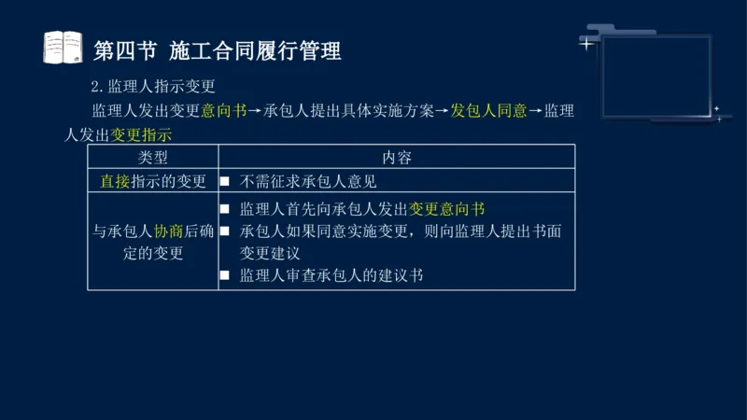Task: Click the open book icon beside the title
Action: (63, 48)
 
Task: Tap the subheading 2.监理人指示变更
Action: (153, 87)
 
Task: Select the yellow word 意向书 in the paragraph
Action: (224, 111)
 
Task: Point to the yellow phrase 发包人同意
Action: (488, 111)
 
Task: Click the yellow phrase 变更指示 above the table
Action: (141, 134)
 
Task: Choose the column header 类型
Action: (153, 158)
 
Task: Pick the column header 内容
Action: (396, 158)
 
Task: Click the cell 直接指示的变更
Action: (153, 181)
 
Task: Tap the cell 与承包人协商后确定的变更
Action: (153, 242)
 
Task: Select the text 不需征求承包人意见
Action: (308, 181)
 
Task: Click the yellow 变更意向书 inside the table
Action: (447, 208)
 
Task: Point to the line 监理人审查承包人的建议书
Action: (331, 275)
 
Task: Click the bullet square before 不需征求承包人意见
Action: (225, 181)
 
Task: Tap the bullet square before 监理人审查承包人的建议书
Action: (225, 275)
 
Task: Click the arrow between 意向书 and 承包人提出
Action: (256, 111)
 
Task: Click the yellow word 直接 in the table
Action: (116, 181)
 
